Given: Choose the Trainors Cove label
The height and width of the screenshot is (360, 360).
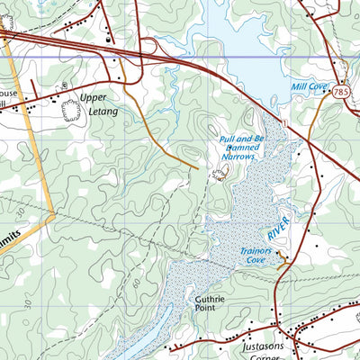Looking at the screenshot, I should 255,256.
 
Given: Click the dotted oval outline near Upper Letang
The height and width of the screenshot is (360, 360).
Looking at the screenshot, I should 70,111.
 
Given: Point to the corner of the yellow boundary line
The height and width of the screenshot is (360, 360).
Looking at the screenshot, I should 54,214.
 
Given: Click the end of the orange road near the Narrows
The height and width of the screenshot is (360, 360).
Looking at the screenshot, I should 197,166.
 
